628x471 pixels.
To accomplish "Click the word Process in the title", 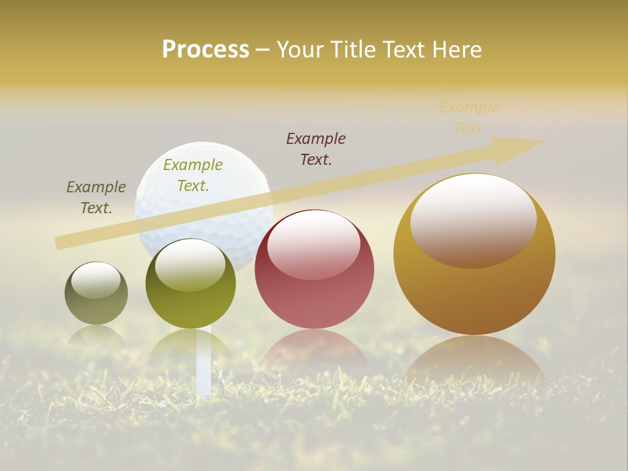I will tap(205, 50).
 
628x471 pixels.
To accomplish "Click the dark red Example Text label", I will tap(316, 148).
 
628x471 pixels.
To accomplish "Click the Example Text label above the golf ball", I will tap(193, 175).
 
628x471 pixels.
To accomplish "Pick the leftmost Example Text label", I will tap(96, 197).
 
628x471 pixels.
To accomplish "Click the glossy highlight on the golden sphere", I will tap(474, 219).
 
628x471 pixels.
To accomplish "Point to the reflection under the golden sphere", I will tap(474, 360).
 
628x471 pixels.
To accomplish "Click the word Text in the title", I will tap(406, 50).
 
